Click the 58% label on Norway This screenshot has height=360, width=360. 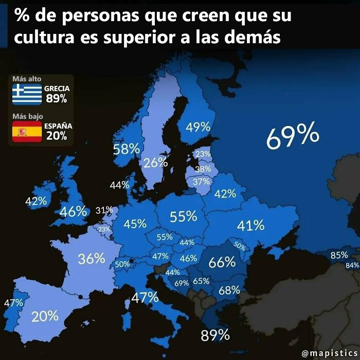coord(127,149)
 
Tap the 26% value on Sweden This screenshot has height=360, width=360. coord(155,163)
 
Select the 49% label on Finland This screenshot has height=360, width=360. coord(198,127)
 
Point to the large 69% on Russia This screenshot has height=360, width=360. coord(293,137)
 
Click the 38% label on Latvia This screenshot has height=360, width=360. coord(203,169)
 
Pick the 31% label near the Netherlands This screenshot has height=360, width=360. coord(104,210)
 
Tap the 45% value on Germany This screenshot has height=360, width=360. coord(135,224)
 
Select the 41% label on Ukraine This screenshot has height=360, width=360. coord(250,225)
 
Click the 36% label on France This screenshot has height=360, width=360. coord(92,259)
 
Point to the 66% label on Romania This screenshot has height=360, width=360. coord(222,262)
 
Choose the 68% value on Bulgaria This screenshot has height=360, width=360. coord(229,290)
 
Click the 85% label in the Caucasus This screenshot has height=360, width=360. coord(339,255)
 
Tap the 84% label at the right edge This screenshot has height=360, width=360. coord(352,265)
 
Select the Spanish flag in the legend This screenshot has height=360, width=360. coord(27,132)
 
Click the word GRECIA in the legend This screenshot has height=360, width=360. coord(57,88)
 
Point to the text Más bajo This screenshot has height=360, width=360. coord(27,116)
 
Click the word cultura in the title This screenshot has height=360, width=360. coord(42,38)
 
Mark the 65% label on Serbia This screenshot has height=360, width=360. coord(201,281)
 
